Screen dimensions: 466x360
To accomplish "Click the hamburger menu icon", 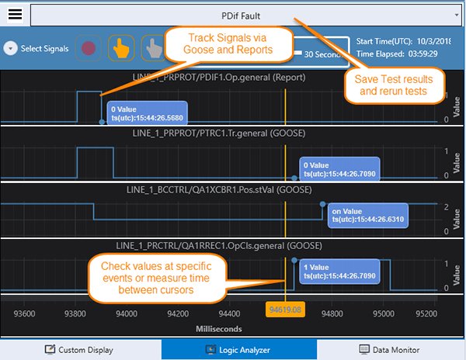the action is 15,14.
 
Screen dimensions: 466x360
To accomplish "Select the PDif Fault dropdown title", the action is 241,16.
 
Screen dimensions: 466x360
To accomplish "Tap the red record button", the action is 89,48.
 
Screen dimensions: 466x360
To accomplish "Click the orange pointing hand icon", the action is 121,48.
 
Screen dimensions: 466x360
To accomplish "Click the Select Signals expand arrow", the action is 11,48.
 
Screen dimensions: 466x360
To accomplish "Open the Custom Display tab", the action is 79,350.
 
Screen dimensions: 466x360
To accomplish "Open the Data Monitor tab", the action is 389,350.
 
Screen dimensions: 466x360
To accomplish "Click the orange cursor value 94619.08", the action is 285,310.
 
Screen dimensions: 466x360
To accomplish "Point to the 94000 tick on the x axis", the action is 127,313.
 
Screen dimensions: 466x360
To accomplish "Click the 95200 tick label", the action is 426,313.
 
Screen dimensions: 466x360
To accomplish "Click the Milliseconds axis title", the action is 219,329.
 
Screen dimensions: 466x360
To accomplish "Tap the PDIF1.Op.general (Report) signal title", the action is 219,78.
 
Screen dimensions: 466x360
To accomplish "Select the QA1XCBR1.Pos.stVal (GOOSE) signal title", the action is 219,189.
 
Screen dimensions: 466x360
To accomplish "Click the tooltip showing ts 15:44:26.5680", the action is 147,113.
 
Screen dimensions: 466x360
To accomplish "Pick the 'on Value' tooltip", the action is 368,216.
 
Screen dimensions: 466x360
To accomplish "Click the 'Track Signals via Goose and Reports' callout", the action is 228,44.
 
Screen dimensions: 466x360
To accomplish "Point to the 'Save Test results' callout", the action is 394,85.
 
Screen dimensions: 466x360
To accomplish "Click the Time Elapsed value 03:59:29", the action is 423,54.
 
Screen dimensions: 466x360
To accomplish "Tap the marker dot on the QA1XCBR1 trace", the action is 323,204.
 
